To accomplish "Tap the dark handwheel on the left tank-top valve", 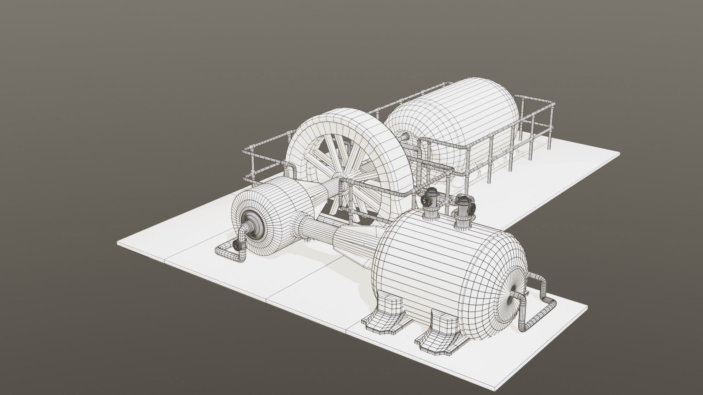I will click(x=426, y=200).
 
